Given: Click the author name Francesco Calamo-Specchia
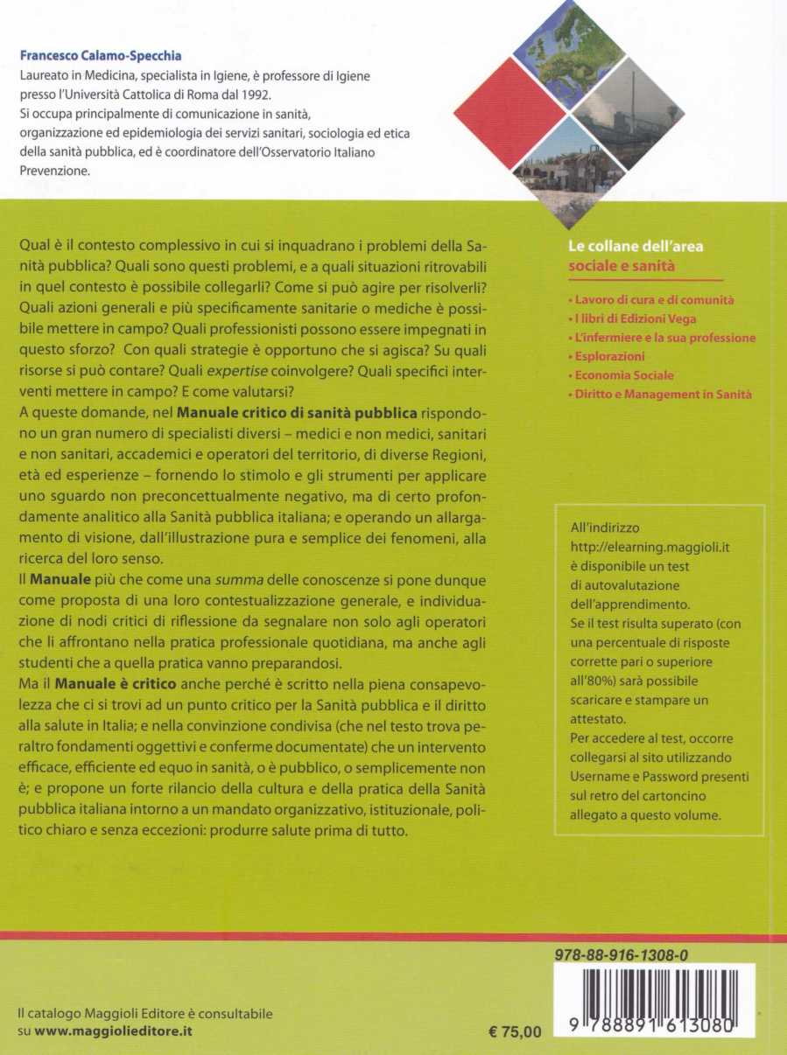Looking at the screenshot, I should click(101, 55).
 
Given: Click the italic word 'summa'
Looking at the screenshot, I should click(233, 580).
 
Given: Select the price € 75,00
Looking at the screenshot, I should click(516, 1031).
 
